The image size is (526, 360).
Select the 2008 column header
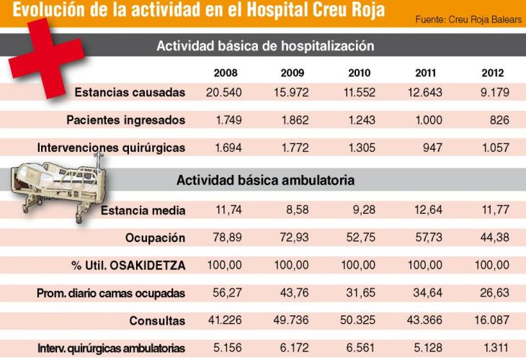[226, 73]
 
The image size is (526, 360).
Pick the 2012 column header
[493, 73]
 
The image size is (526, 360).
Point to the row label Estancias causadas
[130, 92]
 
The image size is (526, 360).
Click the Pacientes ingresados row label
[125, 120]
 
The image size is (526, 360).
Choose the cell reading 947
[429, 148]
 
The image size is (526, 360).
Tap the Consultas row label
[157, 321]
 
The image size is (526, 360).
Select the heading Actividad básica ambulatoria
[264, 181]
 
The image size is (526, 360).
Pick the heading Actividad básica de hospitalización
[264, 45]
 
